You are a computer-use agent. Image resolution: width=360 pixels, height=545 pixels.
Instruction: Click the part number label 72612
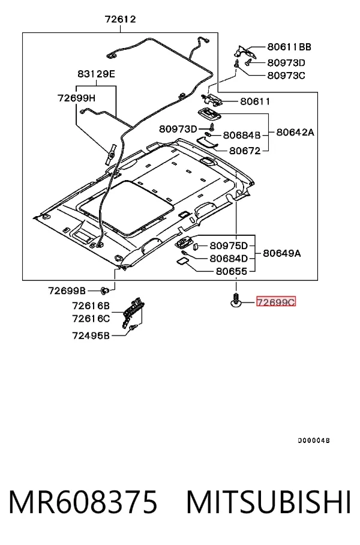point(120,19)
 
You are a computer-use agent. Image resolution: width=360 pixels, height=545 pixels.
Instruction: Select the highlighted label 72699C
point(276,302)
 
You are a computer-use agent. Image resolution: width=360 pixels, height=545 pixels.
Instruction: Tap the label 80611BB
point(289,47)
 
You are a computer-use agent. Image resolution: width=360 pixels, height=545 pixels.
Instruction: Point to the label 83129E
point(96,74)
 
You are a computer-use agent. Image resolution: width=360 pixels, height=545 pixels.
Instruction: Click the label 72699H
point(76,98)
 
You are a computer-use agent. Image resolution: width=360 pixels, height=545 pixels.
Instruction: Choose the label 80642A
point(295,132)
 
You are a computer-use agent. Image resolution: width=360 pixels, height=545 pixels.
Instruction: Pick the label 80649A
point(282,253)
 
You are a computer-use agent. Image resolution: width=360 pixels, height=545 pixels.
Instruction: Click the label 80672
point(245,151)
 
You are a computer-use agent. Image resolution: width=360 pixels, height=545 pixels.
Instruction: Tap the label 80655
point(232,271)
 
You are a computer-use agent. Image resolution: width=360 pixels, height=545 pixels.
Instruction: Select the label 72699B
point(67,291)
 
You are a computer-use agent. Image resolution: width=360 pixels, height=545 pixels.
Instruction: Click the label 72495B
point(91,336)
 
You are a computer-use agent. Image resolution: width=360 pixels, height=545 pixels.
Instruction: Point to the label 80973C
point(286,76)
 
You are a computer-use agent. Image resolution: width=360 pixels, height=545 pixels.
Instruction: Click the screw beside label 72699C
point(236,300)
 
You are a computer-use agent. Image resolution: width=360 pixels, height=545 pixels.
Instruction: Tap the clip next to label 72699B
point(104,290)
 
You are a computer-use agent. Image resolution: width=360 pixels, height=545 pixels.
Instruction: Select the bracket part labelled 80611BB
point(245,51)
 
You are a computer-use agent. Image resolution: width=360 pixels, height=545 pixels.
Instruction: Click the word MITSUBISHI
point(268,502)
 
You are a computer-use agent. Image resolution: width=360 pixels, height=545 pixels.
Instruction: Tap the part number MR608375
point(83,502)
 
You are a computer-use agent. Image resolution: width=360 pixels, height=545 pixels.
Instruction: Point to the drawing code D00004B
point(314,441)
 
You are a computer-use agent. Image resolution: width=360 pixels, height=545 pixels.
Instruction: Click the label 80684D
point(229,258)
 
